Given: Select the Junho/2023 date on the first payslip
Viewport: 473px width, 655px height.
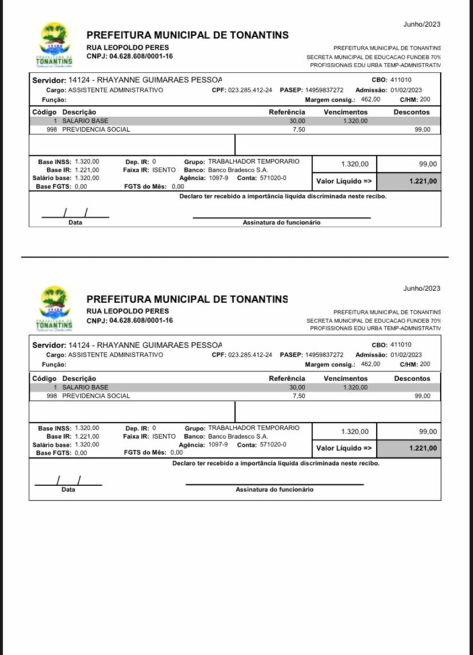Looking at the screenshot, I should click(422, 24).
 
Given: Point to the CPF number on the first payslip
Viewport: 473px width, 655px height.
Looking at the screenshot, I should click(250, 90).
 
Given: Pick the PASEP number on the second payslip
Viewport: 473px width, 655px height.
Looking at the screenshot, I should click(325, 354).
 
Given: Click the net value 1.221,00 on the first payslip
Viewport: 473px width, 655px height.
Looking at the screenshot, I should click(424, 182).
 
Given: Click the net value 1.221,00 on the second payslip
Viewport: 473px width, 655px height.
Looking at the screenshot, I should click(424, 448).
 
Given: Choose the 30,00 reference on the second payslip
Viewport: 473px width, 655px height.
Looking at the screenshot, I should click(297, 387).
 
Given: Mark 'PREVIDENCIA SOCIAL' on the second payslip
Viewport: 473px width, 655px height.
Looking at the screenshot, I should click(96, 396).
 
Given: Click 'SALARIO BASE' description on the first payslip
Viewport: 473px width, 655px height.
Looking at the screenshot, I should click(85, 120).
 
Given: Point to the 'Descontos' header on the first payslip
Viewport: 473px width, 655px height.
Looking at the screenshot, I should click(412, 112).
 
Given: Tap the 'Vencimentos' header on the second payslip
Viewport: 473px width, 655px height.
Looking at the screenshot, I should click(346, 378).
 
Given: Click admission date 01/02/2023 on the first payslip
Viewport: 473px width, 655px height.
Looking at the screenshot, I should click(406, 90).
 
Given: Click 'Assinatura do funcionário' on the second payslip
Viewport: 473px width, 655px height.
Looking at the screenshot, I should click(274, 489).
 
